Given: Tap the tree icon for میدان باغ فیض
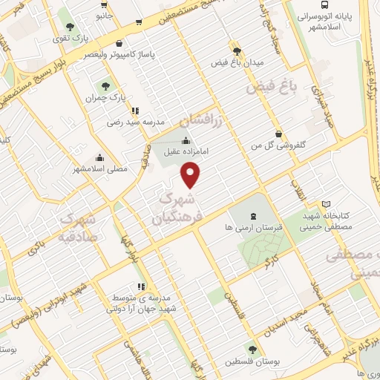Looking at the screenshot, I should click(x=237, y=51).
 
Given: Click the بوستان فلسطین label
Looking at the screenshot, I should click(x=253, y=359).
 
